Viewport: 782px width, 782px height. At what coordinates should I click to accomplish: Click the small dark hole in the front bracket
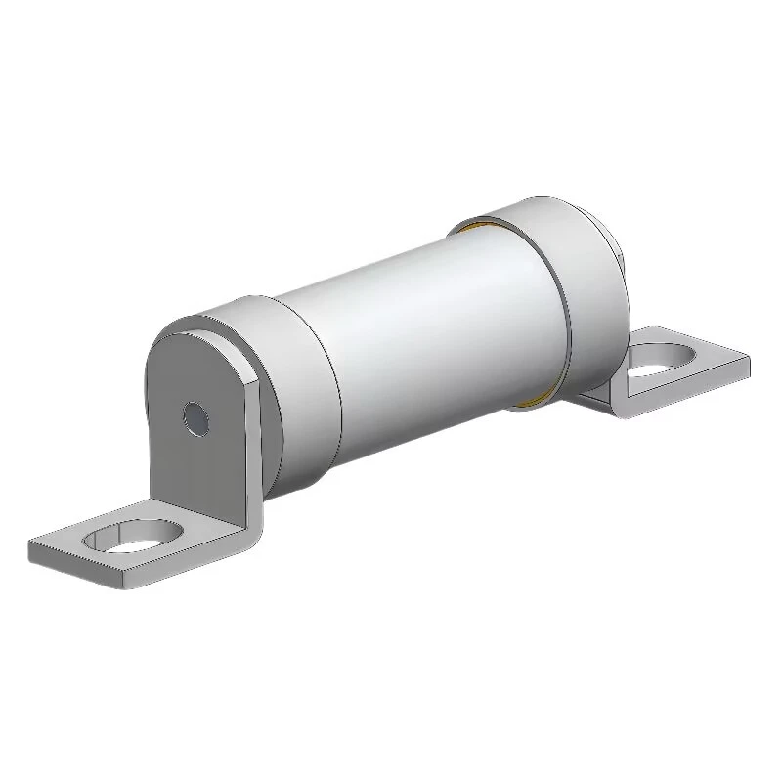coord(196,418)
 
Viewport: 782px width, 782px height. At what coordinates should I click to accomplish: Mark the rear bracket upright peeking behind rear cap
coord(615,244)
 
